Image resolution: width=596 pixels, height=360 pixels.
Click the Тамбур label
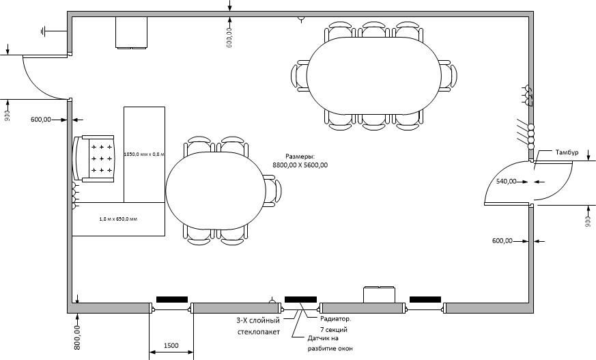tap(567, 152)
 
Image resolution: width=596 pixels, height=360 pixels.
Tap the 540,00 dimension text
tap(507, 182)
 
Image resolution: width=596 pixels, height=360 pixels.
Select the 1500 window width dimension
tap(171, 346)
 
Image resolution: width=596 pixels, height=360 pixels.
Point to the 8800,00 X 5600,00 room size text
tap(300, 165)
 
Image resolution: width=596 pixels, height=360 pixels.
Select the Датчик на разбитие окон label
tap(330, 343)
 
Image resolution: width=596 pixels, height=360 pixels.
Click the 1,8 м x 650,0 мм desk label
tap(118, 219)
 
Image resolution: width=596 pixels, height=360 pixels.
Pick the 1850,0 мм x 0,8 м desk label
tap(144, 154)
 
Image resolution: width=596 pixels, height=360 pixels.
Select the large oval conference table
tap(374, 76)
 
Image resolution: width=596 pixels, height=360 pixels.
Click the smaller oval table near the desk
tap(216, 191)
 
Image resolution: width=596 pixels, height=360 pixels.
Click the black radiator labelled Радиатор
tap(300, 299)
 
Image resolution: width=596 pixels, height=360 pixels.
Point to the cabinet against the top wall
tap(132, 33)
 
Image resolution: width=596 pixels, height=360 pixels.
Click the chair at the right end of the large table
tap(449, 76)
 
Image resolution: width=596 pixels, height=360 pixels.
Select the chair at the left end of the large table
tap(300, 76)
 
